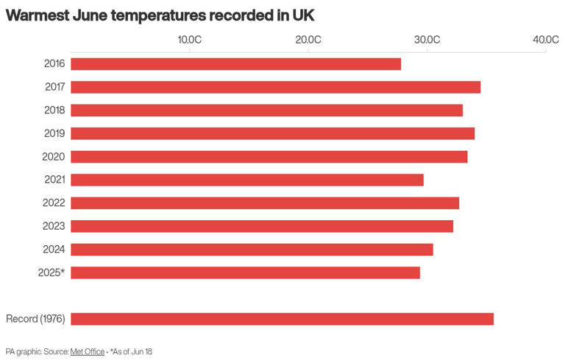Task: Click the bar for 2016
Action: (235, 64)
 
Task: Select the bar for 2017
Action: (275, 87)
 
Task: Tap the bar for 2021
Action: (246, 180)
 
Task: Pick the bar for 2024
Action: (252, 250)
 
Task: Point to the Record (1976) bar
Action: (282, 319)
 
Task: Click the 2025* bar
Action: (245, 272)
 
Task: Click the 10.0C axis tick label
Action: (190, 39)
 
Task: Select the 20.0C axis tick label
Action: (308, 39)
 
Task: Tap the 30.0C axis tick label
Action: (427, 39)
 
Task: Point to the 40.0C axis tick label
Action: (545, 39)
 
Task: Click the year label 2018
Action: (54, 110)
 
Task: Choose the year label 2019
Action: (54, 133)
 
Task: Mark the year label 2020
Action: (54, 157)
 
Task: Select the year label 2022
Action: (54, 203)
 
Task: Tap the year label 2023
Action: (54, 226)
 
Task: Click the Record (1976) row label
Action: (35, 319)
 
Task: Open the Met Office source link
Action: (88, 352)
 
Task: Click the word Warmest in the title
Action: (38, 15)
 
